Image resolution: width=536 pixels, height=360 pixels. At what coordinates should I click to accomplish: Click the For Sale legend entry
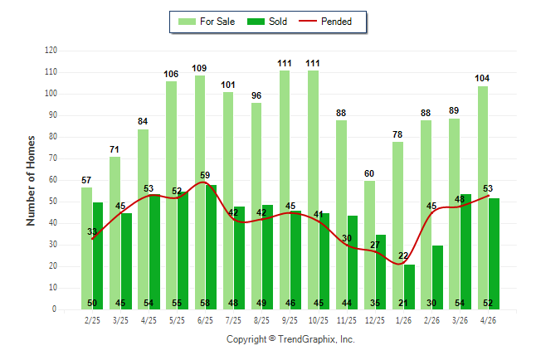(207, 22)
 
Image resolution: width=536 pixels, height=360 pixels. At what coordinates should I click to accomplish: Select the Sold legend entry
(267, 22)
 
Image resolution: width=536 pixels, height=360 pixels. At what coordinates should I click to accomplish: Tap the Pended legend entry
(325, 22)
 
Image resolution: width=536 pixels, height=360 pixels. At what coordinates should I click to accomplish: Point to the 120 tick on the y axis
(51, 51)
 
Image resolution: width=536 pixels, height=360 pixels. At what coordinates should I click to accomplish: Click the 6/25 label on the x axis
(205, 320)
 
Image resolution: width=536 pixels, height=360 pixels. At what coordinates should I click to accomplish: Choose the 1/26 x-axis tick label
(403, 320)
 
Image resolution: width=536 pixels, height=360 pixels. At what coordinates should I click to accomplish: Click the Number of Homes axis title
(31, 181)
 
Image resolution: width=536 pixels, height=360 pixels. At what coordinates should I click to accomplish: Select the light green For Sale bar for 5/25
(171, 195)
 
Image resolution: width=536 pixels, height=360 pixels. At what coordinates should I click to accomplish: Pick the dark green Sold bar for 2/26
(437, 277)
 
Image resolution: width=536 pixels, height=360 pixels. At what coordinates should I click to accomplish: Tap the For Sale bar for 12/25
(369, 246)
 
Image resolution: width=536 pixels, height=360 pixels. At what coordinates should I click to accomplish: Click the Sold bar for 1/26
(410, 287)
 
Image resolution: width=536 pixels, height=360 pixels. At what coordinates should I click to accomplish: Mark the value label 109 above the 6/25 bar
(199, 68)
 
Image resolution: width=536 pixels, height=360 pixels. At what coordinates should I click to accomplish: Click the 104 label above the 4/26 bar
(482, 78)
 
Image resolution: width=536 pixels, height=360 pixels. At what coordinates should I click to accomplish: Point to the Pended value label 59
(205, 175)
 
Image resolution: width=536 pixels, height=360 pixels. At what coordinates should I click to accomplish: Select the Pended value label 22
(403, 255)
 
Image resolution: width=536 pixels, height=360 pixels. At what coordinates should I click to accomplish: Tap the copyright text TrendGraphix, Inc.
(317, 339)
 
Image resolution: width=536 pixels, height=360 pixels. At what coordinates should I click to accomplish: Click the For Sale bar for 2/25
(86, 249)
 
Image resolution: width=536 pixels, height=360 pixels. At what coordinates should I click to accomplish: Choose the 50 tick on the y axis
(52, 202)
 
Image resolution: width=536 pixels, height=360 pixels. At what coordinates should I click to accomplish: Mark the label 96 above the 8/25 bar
(256, 95)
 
